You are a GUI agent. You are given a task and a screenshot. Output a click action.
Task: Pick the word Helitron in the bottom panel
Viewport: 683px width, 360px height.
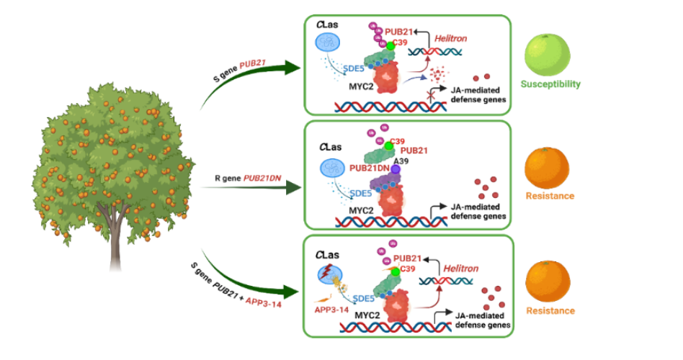point(460,269)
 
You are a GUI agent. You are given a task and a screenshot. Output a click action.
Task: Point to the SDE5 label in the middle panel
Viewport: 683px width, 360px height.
point(360,193)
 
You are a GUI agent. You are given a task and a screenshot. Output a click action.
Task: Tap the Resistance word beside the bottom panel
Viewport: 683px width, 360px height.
point(550,311)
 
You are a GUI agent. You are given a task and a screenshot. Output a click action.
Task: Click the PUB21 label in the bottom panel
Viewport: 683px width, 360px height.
point(408,258)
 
